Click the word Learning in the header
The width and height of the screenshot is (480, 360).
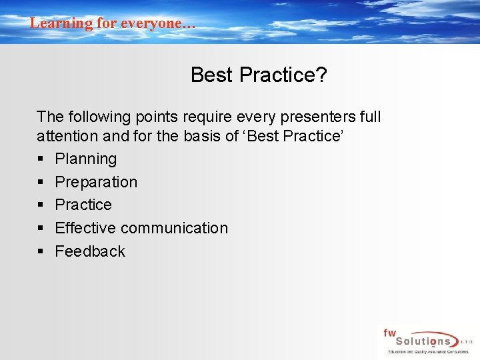(x=61, y=23)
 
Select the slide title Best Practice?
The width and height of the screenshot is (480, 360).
(x=259, y=75)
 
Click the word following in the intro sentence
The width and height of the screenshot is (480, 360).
(x=97, y=117)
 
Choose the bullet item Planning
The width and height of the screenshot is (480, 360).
(x=85, y=159)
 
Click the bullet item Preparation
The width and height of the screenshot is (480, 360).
(x=96, y=182)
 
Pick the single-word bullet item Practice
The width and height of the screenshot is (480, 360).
(x=83, y=205)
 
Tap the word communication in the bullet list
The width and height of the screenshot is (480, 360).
(x=175, y=228)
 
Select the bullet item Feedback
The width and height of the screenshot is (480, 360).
(x=90, y=251)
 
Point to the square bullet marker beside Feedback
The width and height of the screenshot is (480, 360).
(x=41, y=252)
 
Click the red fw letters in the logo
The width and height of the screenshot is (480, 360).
(x=389, y=332)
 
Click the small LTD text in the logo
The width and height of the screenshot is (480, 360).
(x=465, y=341)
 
